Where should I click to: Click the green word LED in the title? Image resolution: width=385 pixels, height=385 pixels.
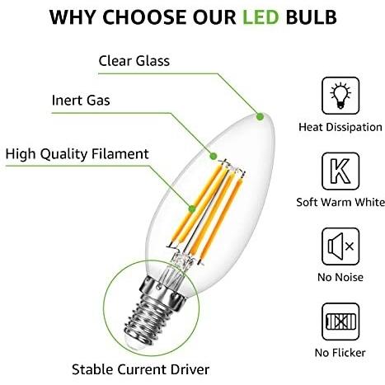(261, 17)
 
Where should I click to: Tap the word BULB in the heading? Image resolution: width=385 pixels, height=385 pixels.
(311, 17)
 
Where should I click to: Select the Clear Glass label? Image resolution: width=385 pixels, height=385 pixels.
(134, 61)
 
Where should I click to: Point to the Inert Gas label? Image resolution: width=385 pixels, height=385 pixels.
(81, 100)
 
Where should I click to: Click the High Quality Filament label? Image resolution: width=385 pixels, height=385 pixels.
(77, 154)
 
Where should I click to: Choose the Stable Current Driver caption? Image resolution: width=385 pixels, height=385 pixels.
(140, 369)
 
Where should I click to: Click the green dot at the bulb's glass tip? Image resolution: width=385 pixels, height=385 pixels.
(260, 117)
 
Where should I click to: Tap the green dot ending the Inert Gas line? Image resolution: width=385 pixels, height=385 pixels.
(213, 156)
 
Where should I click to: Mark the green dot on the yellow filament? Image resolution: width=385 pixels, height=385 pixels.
(192, 209)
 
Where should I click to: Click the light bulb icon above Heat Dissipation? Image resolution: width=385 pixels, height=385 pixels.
(340, 96)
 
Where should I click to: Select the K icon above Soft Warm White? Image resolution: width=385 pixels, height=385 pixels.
(340, 171)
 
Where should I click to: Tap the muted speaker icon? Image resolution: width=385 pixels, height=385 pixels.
(340, 246)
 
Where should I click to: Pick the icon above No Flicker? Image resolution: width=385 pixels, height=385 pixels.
(340, 322)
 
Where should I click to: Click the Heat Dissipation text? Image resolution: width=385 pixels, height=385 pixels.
(340, 127)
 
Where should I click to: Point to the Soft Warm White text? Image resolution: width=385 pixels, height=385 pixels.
(340, 202)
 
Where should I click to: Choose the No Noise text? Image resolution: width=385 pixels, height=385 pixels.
(340, 277)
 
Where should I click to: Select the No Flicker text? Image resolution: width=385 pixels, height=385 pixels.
(340, 353)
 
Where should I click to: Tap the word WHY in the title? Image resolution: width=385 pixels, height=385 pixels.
(73, 17)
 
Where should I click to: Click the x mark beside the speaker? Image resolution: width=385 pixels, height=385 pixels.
(350, 246)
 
